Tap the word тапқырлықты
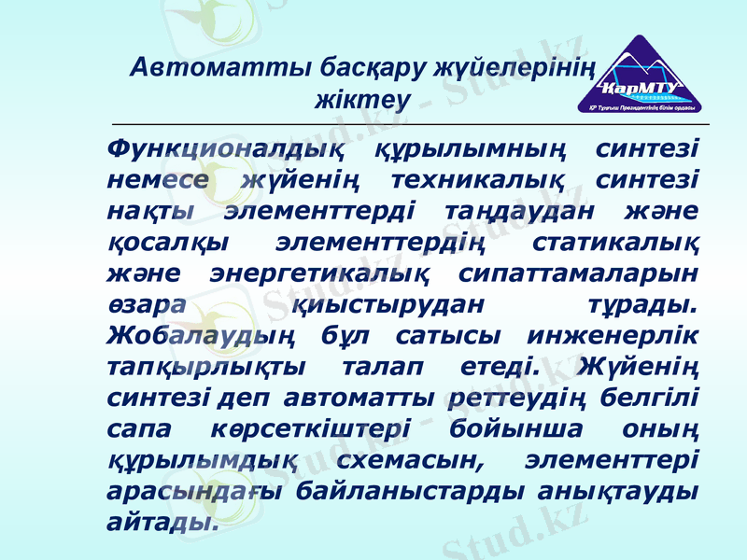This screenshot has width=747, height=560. click(199, 367)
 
